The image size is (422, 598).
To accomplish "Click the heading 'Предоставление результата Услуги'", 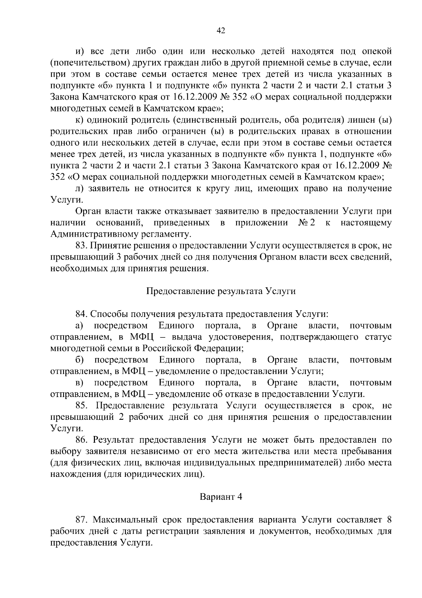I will click(x=221, y=291).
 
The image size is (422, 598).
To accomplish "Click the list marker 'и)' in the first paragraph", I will click(x=80, y=52).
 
